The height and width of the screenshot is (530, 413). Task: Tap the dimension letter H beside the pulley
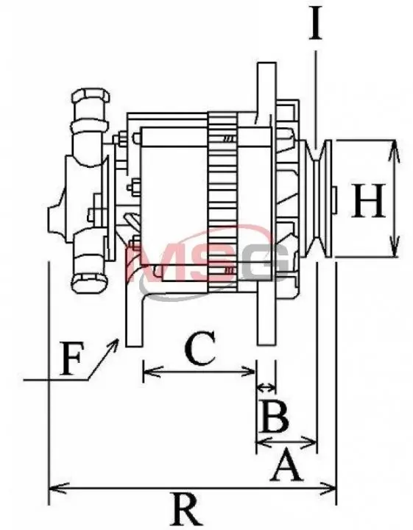[368, 200]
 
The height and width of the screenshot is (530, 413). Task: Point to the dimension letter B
[275, 416]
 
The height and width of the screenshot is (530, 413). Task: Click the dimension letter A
[286, 464]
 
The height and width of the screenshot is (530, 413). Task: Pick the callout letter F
[71, 358]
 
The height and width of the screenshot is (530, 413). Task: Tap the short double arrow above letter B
[266, 387]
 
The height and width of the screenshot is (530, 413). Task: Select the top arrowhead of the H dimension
[394, 149]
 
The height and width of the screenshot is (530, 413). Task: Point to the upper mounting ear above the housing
[266, 88]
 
